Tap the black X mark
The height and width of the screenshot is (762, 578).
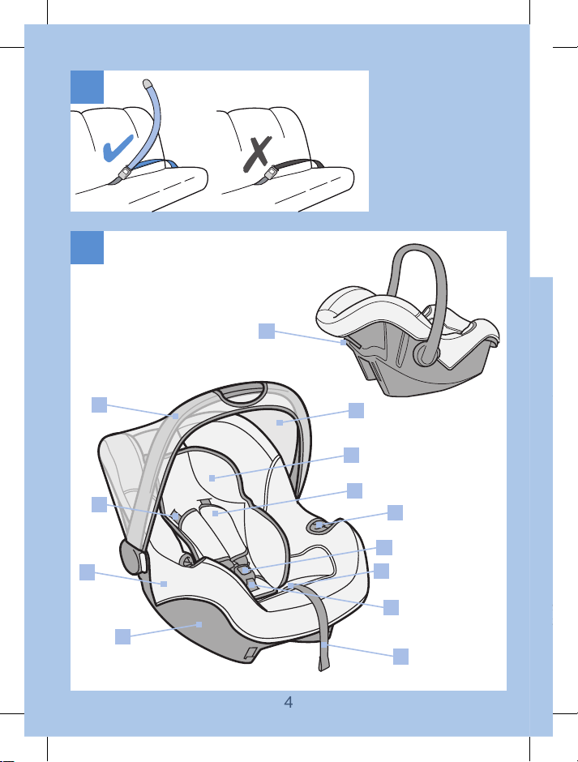pos(258,154)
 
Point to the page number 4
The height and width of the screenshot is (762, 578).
pos(289,702)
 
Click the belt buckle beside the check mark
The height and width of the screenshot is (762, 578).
pos(126,172)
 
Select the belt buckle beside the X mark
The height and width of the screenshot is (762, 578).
pos(271,172)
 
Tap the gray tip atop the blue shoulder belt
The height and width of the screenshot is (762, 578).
pos(148,83)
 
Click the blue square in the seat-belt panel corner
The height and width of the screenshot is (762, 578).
pos(87,87)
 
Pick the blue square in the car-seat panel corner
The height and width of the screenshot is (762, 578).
pos(87,247)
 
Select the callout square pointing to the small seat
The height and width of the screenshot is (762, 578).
pos(267,331)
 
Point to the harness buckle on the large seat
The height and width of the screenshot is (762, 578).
pos(248,576)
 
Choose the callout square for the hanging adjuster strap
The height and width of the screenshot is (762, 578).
pos(400,657)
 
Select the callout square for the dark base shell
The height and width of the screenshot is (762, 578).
pos(122,636)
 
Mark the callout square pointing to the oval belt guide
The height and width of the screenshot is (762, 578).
pos(395,512)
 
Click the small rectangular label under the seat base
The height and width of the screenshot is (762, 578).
pos(250,653)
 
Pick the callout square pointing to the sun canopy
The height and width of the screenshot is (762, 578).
pos(357,410)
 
